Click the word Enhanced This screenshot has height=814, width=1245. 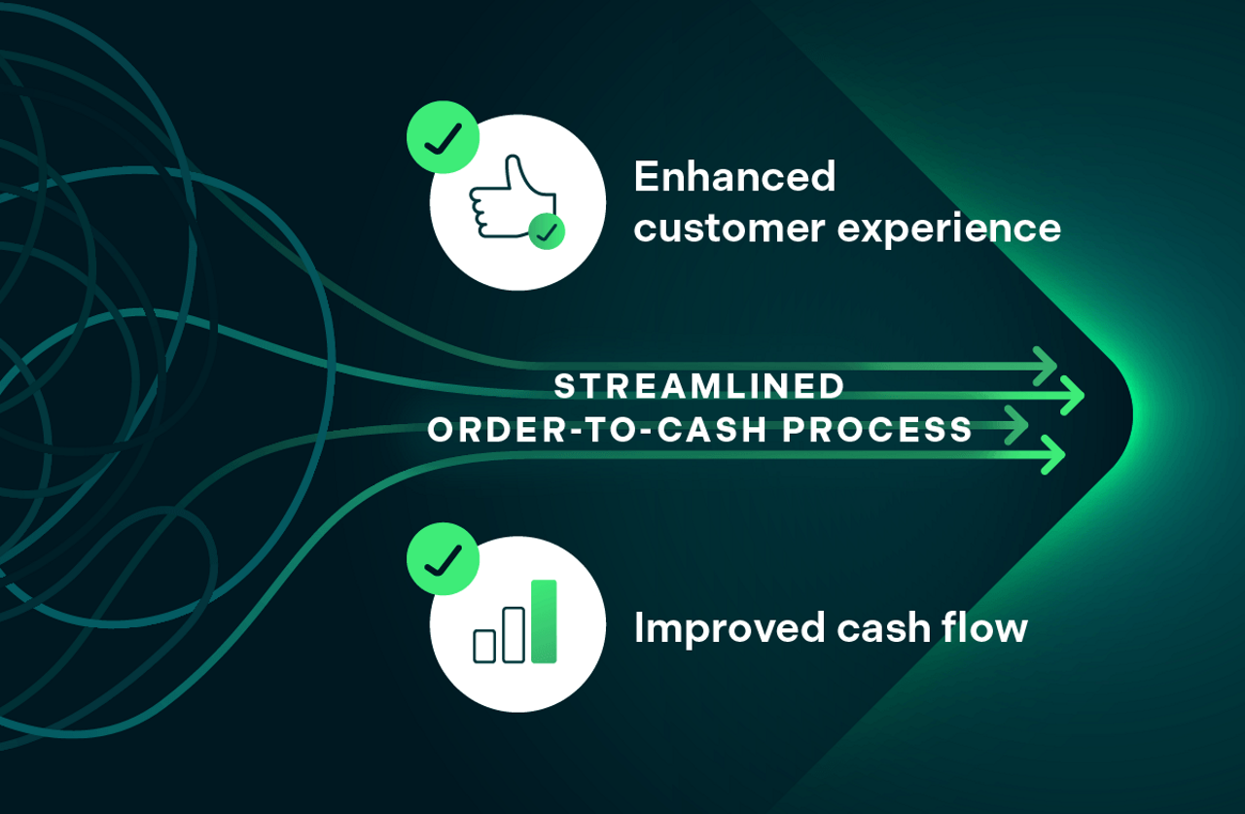pyautogui.click(x=734, y=177)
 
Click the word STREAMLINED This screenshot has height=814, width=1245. pyautogui.click(x=699, y=386)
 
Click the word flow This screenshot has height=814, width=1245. pyautogui.click(x=985, y=628)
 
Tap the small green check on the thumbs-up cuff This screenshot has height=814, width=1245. pyautogui.click(x=547, y=231)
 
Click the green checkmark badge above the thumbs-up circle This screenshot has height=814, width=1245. pyautogui.click(x=443, y=137)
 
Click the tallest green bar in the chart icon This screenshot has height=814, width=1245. pyautogui.click(x=544, y=621)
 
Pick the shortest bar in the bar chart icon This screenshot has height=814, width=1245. pyautogui.click(x=483, y=646)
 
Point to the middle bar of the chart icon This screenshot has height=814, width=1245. pyautogui.click(x=513, y=634)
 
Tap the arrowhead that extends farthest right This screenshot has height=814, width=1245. pyautogui.click(x=1073, y=396)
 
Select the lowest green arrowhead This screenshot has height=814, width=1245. pyautogui.click(x=1053, y=454)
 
